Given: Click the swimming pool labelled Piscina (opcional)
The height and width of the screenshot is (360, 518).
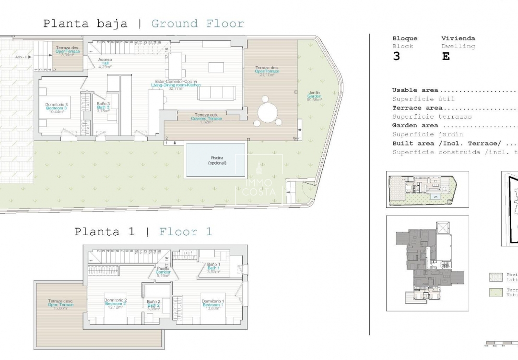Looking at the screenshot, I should coord(217,160).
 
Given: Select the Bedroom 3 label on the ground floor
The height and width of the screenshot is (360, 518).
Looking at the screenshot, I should coord(57,107).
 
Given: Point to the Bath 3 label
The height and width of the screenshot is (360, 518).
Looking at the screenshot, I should coord(103,107).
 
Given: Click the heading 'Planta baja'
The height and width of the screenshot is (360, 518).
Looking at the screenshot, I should coord(85,24).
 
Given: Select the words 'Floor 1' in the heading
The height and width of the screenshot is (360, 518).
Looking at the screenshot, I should coord(186,232).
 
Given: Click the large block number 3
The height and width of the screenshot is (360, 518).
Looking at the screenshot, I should coord(396,56).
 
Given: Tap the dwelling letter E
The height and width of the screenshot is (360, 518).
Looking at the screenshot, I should coord(446,56).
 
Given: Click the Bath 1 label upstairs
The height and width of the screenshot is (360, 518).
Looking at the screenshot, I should coord(213,268).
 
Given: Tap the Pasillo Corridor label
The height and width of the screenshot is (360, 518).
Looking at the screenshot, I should coord(163,272).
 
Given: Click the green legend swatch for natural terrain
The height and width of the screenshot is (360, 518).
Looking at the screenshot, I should coord(495,292).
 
